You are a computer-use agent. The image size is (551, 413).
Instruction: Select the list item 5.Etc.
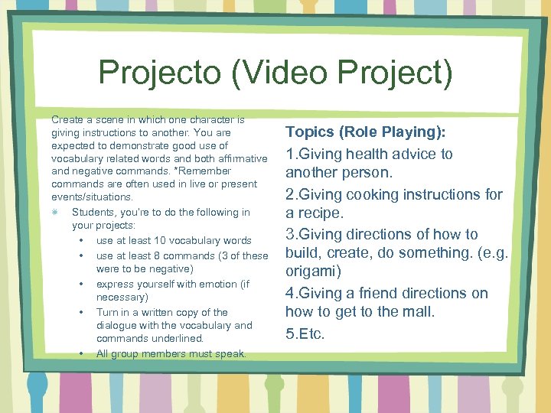305,333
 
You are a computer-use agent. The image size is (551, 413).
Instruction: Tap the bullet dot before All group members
81,353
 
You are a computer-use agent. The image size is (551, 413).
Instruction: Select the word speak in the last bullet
232,353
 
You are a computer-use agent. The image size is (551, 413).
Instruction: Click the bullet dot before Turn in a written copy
81,312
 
